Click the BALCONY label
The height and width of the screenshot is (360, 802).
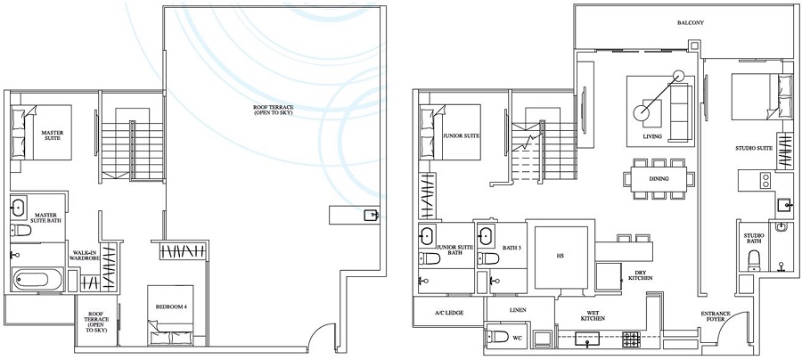click(x=690, y=23)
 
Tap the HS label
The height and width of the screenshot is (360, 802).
click(x=560, y=256)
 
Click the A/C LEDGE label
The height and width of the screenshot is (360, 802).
click(x=448, y=312)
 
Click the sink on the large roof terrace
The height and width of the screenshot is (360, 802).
click(x=370, y=215)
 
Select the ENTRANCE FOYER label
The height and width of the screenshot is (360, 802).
click(x=717, y=318)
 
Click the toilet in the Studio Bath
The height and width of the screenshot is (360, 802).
click(x=755, y=259)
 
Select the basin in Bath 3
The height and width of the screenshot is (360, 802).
click(x=486, y=237)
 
